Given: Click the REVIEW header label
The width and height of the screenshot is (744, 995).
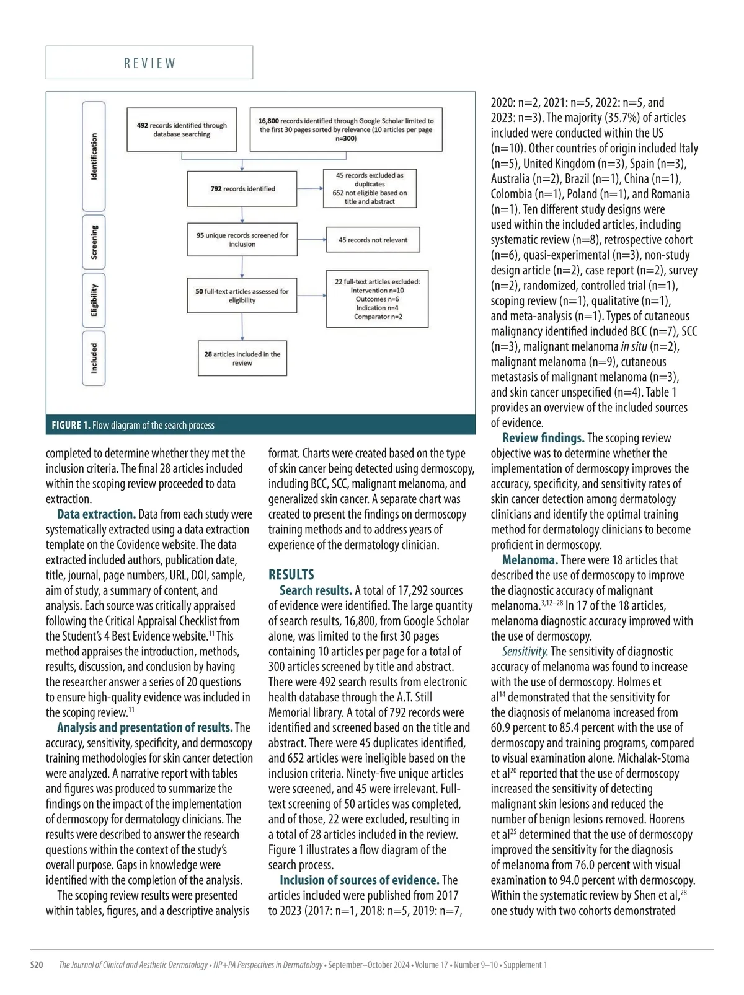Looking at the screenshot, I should (149, 63).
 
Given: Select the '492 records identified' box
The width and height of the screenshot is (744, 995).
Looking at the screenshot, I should (182, 129).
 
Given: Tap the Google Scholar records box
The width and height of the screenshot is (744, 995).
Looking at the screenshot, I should (346, 129).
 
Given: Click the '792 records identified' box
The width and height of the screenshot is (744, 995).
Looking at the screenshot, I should (242, 189).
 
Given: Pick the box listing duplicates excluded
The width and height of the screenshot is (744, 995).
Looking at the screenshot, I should (370, 188).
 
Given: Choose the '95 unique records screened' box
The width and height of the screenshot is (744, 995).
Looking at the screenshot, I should (242, 240).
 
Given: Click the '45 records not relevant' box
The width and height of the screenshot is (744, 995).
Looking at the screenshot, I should (373, 240).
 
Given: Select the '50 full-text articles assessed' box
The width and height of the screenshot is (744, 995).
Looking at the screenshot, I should (242, 296).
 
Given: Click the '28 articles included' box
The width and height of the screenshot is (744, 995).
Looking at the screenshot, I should (242, 358).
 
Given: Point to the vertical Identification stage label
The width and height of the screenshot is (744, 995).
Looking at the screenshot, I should (94, 156).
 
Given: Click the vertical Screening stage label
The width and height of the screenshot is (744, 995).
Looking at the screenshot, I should (94, 242).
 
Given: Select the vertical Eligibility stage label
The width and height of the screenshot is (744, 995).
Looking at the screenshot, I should (94, 300).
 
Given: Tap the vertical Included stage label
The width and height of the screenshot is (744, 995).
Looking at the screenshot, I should (94, 358).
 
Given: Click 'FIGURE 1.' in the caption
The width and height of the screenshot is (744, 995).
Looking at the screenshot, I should (71, 425).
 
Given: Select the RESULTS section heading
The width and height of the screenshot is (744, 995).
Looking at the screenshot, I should (291, 574).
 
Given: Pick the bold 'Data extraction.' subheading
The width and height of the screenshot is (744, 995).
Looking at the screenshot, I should (96, 514).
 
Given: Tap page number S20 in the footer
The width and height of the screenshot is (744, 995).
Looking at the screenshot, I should (37, 965).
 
